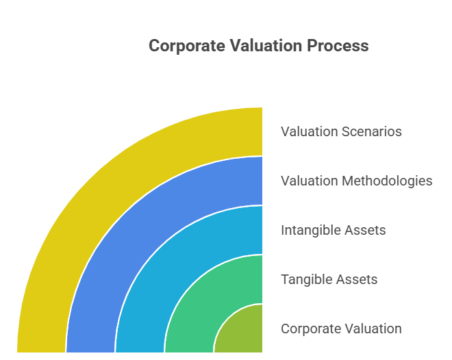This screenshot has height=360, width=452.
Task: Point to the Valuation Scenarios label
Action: (341, 131)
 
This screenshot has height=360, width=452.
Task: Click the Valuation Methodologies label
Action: (356, 181)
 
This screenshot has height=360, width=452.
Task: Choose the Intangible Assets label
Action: (333, 230)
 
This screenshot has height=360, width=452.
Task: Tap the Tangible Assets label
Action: (329, 279)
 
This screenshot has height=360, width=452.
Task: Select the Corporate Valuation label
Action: (341, 329)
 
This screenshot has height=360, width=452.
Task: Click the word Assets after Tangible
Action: (360, 279)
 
